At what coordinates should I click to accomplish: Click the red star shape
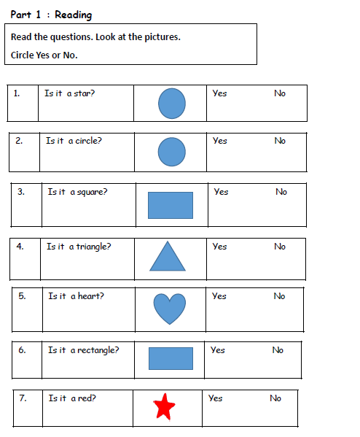tap(164, 407)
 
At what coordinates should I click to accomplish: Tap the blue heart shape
tap(170, 309)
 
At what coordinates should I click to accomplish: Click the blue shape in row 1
tap(172, 104)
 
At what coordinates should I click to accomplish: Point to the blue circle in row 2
tap(171, 152)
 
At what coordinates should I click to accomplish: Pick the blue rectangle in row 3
tap(171, 205)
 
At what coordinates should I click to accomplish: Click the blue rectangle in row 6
tap(171, 358)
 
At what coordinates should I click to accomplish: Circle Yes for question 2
tap(220, 141)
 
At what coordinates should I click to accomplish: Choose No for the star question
tap(280, 93)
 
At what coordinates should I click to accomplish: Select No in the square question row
tap(281, 192)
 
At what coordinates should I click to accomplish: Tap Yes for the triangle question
tap(219, 247)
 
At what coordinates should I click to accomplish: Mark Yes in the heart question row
tap(219, 296)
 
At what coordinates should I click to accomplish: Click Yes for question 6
tap(217, 350)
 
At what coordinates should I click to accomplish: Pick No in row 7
tap(275, 398)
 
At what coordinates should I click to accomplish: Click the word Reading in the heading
tap(73, 15)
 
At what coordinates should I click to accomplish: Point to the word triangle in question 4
tap(93, 247)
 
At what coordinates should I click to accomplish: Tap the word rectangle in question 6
tap(98, 350)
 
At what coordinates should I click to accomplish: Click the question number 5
tap(22, 296)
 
